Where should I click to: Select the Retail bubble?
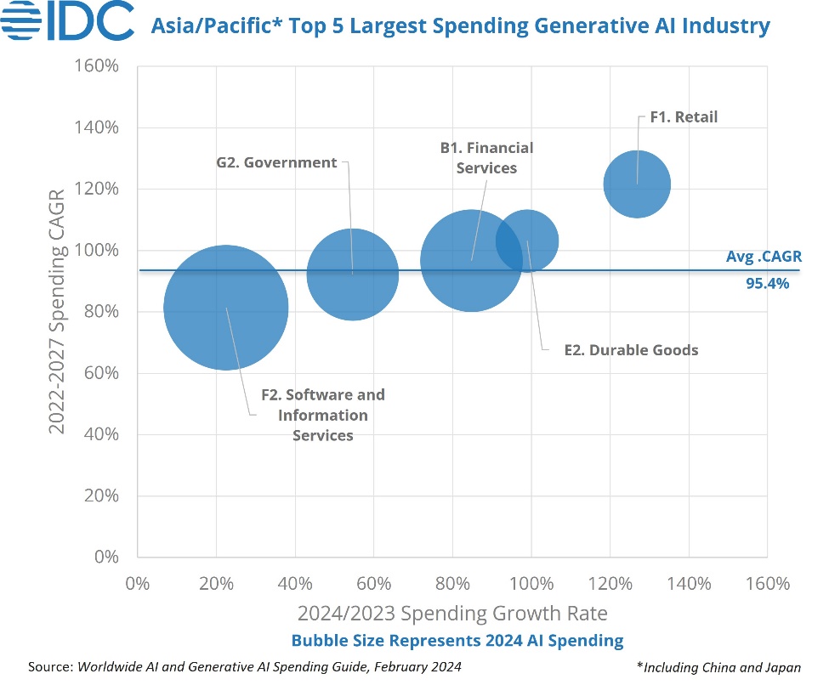click(637, 184)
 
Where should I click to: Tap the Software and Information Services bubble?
click(225, 308)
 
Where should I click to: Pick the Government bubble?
click(352, 274)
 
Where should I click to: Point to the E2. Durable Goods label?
click(631, 350)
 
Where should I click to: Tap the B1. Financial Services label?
click(486, 158)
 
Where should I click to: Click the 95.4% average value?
click(767, 284)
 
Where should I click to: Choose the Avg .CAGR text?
click(764, 256)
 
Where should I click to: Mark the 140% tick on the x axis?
click(689, 585)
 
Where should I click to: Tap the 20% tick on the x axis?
click(216, 585)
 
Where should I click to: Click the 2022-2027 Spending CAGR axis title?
click(58, 311)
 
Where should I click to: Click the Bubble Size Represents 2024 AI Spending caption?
click(457, 640)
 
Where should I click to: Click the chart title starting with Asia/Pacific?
click(460, 26)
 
